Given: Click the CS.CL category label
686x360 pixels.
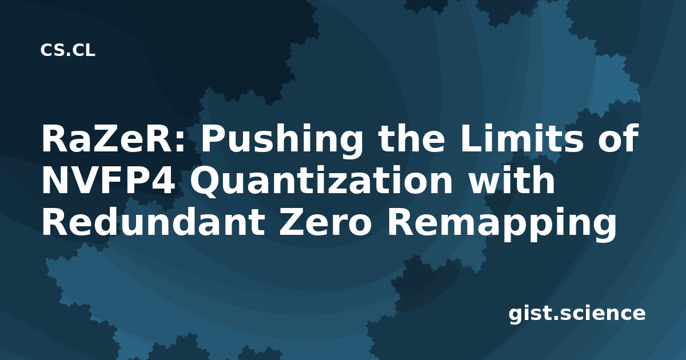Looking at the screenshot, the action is pos(67,50).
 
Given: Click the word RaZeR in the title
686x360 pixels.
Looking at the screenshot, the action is pos(107,138).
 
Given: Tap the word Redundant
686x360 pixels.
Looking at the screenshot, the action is pos(154,222).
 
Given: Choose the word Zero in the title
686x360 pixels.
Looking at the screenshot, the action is pos(325,222).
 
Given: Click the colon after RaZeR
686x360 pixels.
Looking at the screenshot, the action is pos(181,142).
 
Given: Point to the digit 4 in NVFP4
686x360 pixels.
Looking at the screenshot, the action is pos(164,181).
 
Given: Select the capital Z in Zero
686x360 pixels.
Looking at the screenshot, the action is pos(291,222).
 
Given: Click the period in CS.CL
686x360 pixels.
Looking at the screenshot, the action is pos(69,55).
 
